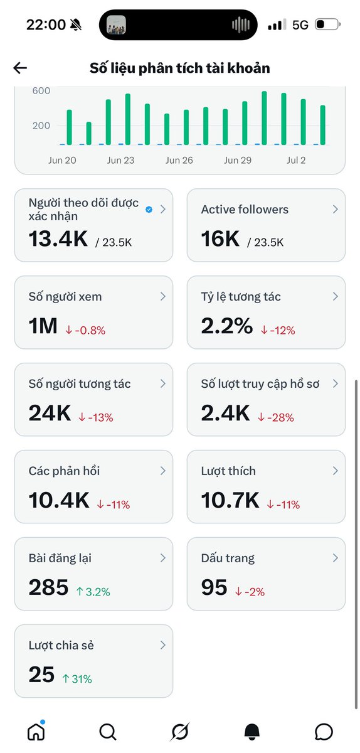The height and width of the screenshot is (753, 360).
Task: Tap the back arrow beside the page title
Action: click(x=20, y=68)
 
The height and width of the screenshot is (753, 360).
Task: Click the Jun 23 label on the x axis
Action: click(x=120, y=161)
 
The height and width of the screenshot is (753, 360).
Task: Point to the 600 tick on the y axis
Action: click(x=41, y=91)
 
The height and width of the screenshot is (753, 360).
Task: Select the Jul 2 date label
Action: click(x=296, y=161)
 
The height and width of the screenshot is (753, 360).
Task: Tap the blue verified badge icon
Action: click(x=149, y=210)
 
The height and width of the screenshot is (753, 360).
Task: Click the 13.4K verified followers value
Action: click(x=58, y=239)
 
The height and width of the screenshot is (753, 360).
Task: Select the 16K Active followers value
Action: click(x=220, y=239)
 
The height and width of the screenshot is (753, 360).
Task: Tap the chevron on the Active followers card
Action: click(x=335, y=209)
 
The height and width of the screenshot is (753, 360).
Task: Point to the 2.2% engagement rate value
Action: click(x=227, y=326)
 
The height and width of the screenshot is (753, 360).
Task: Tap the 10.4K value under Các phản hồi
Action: click(x=59, y=500)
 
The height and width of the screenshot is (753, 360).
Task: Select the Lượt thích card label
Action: click(x=228, y=471)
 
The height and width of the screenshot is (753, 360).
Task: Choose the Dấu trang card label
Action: click(x=228, y=558)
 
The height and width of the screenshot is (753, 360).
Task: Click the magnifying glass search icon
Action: click(x=108, y=732)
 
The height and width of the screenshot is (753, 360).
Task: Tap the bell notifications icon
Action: click(x=251, y=732)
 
